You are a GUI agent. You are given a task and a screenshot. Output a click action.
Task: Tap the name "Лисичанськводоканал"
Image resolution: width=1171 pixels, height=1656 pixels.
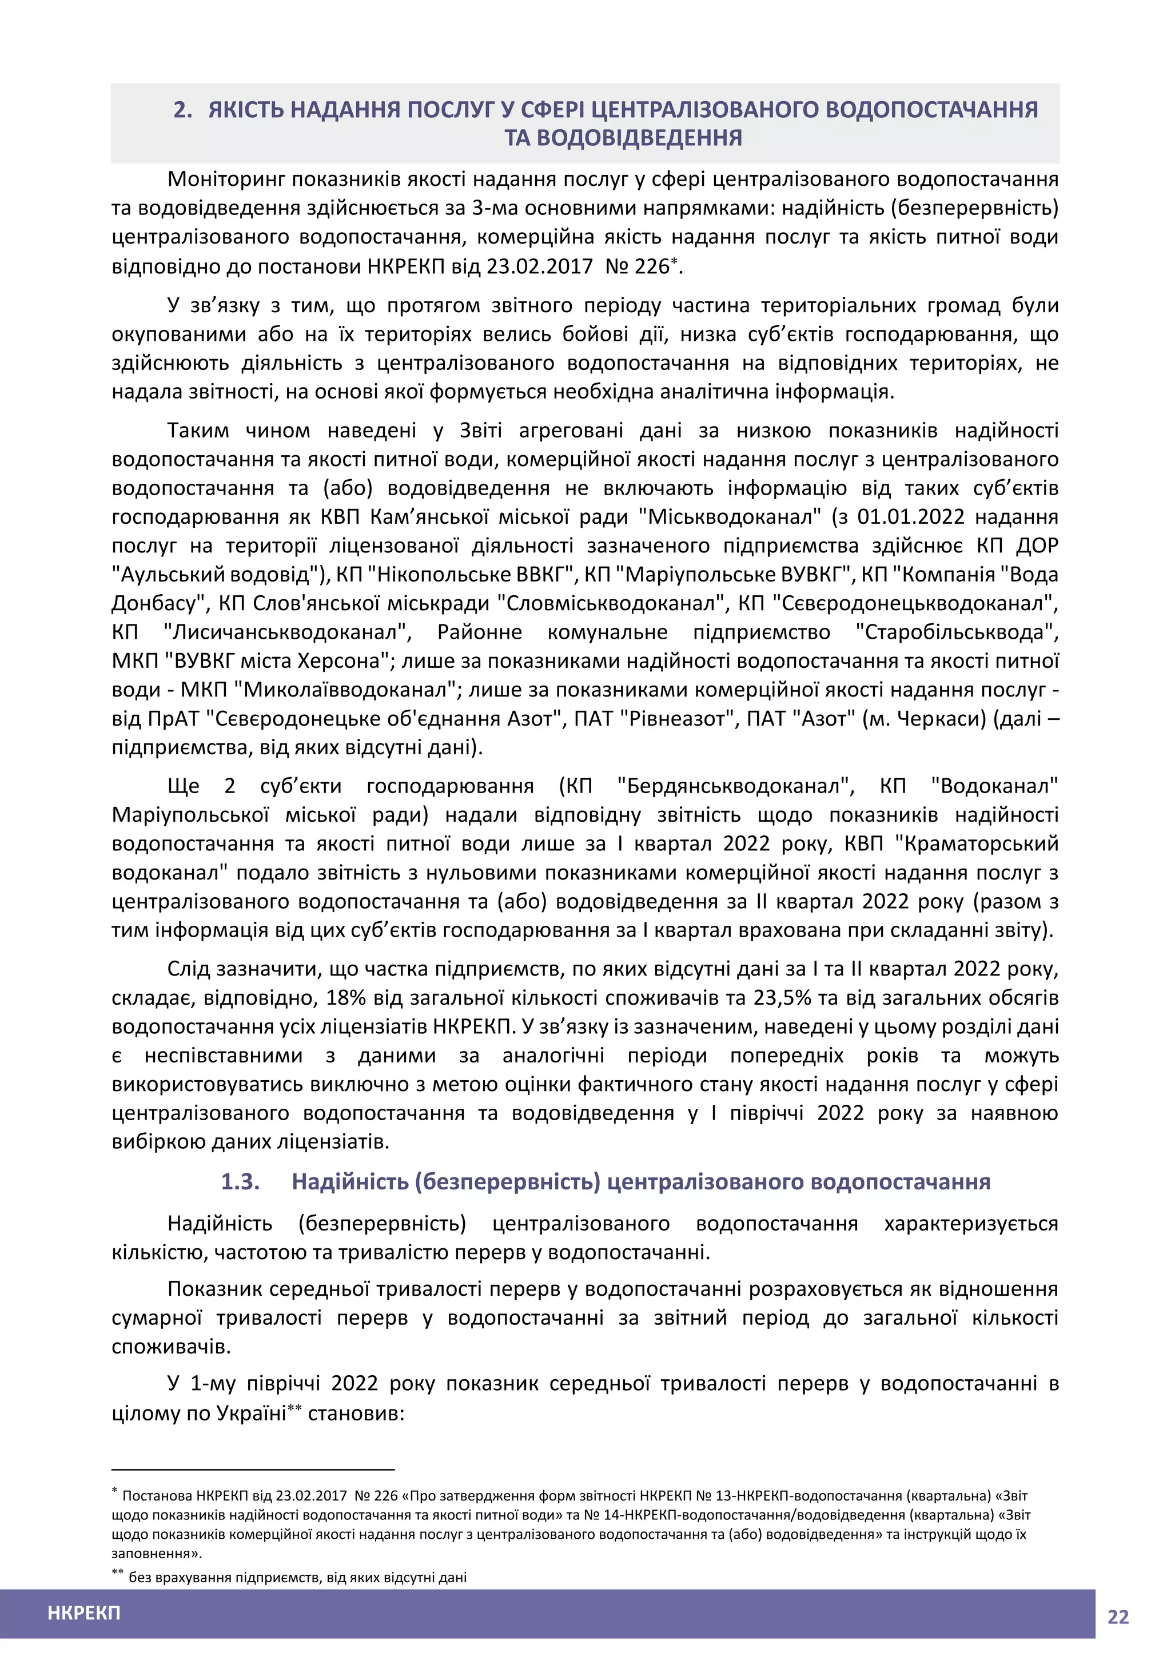point(288,632)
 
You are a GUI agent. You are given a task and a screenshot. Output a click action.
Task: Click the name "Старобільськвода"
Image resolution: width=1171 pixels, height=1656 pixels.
point(957,632)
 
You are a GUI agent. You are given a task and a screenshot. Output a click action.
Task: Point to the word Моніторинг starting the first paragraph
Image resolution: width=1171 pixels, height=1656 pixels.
point(227,179)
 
